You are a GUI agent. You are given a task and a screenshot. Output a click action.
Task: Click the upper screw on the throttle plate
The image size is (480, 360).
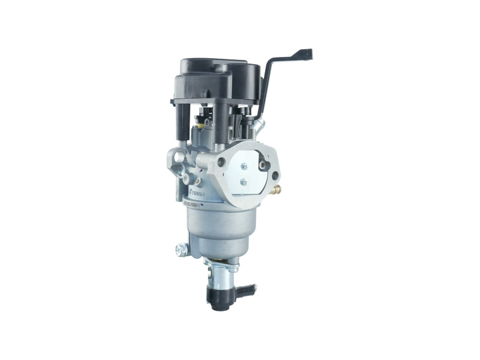coord(244,166)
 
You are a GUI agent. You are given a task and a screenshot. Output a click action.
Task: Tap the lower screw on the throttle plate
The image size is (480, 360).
coord(244,182)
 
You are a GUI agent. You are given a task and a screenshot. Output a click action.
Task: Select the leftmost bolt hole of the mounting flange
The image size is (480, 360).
coord(221,162)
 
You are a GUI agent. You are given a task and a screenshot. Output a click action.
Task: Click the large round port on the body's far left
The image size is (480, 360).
coord(175,157)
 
